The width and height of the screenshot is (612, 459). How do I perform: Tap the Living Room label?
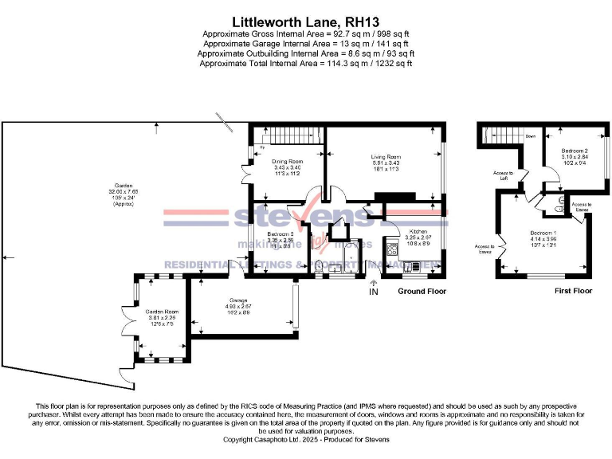pos(385,157)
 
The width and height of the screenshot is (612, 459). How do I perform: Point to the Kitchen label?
pos(417,231)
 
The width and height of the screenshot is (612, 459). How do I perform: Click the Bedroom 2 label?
pos(574,151)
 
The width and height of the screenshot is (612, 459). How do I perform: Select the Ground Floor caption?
pos(422,292)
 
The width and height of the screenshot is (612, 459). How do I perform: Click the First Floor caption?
pos(573,292)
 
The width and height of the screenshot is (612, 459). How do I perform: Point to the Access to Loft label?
pos(504,175)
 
